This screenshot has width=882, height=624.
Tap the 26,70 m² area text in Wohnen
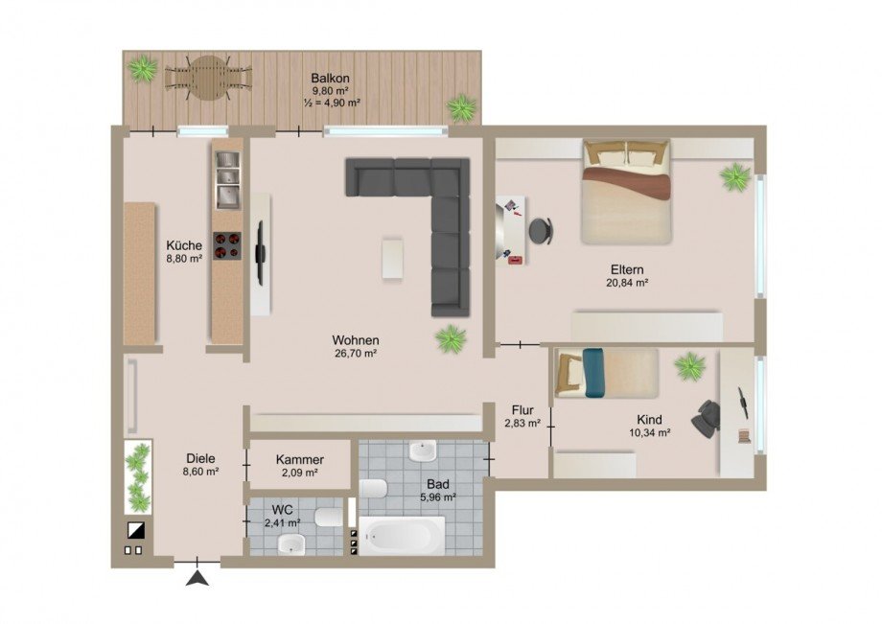tap(356, 354)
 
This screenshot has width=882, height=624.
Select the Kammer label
tap(299, 460)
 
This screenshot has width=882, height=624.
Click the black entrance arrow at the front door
tap(198, 577)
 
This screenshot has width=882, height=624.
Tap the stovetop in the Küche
tap(227, 246)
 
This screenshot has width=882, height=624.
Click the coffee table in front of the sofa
tap(393, 259)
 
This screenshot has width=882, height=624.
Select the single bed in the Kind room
tap(606, 373)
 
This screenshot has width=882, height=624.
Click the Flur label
tap(522, 409)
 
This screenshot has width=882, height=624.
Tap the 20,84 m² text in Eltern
tap(627, 284)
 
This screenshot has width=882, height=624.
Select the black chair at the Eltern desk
tap(541, 230)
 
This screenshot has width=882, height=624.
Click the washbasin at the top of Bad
tap(422, 451)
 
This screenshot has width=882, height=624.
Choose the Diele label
tap(200, 458)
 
